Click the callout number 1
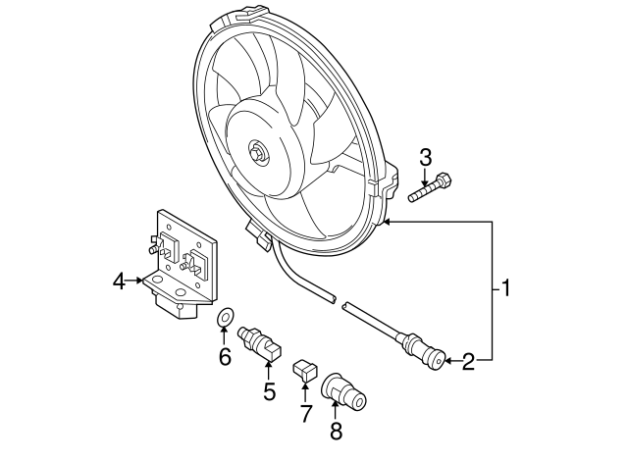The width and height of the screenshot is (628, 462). (x=506, y=288)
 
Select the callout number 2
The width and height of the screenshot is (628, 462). (x=468, y=362)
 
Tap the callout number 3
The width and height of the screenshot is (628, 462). (x=426, y=156)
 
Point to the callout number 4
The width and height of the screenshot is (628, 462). (x=119, y=282)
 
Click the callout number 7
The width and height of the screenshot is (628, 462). (x=305, y=413)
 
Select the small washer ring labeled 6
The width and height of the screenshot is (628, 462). (x=225, y=318)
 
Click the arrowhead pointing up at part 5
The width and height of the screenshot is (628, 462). (x=269, y=365)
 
